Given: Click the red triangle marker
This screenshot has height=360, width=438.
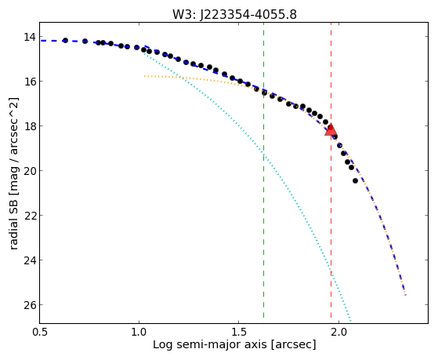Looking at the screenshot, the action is tap(331, 129).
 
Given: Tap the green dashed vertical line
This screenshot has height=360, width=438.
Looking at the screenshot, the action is tap(263, 170).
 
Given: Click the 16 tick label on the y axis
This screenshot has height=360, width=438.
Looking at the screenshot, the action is tap(29, 81).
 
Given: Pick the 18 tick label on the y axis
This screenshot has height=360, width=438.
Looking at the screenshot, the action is tap(29, 125).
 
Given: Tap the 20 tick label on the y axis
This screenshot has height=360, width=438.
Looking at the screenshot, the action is tap(29, 171).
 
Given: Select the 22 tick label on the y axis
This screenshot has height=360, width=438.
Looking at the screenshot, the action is tap(29, 216).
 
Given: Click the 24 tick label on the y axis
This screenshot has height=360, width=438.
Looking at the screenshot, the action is tap(29, 260).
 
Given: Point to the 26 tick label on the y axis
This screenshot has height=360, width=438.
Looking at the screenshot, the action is tap(29, 305).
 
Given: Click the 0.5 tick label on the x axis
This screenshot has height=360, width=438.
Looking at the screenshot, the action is tap(40, 332).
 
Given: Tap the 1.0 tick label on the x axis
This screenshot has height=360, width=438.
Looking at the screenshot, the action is tap(139, 332).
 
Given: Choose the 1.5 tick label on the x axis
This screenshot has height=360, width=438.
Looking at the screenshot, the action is tap(238, 332).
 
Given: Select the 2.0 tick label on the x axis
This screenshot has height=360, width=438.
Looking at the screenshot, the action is tap(338, 332).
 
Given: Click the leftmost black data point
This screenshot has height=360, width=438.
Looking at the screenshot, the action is tap(65, 40).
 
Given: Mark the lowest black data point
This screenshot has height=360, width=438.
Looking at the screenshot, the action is tap(355, 180).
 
